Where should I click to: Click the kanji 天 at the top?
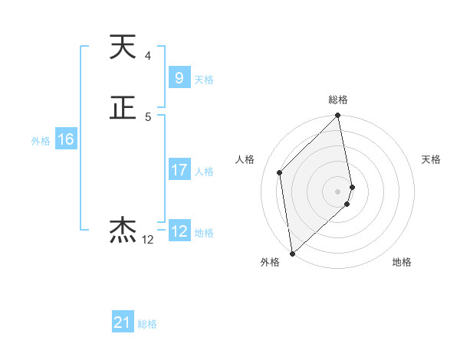click(123, 47)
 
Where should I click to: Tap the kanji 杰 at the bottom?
click(123, 230)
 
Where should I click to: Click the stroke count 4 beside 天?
click(147, 56)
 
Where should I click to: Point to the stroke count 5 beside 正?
click(147, 117)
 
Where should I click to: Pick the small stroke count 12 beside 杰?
click(147, 240)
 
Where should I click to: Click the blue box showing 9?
click(179, 77)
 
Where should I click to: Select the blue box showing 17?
click(179, 170)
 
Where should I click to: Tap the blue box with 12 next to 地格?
click(179, 231)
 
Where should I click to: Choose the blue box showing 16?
click(66, 139)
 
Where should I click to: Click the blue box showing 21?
click(123, 322)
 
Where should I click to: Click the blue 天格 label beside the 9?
click(204, 80)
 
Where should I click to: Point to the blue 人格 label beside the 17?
click(204, 172)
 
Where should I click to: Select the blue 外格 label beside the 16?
click(41, 141)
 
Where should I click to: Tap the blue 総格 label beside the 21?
click(147, 324)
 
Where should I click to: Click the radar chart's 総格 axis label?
click(338, 100)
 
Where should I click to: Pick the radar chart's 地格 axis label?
click(402, 263)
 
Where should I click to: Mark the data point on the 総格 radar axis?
click(338, 116)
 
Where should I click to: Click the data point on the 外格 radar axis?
click(292, 253)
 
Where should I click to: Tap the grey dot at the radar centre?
click(338, 191)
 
